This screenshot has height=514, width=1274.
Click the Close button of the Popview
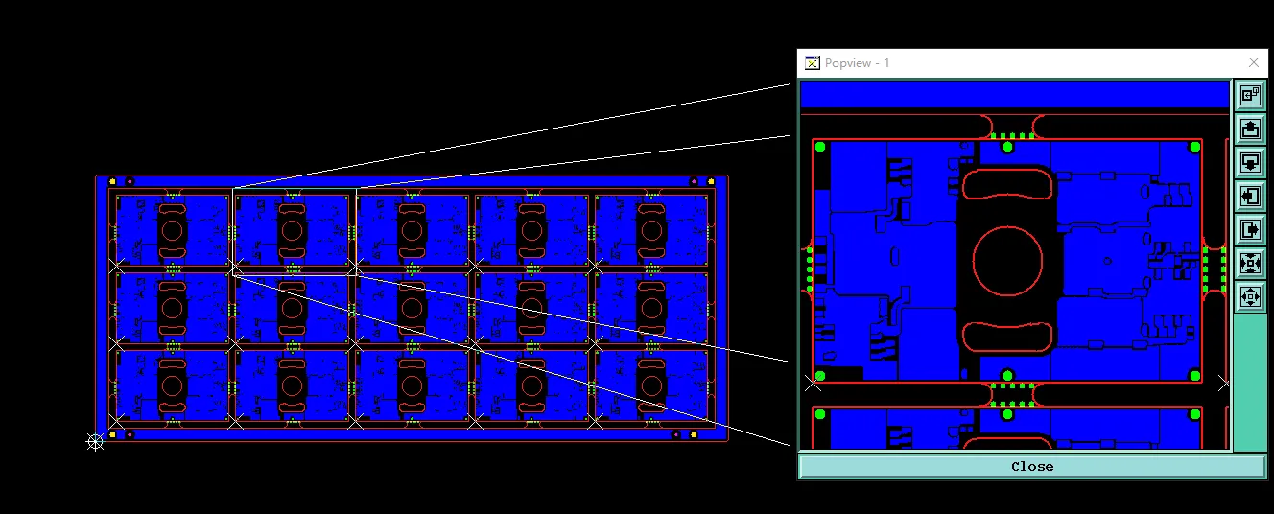pos(1032,467)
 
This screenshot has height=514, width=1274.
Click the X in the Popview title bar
pos(1254,62)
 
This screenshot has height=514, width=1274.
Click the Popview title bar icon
pos(813,62)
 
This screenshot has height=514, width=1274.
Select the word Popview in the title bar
pos(848,63)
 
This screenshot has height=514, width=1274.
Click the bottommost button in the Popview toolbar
pos(1250,297)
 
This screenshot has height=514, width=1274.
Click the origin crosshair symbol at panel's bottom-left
pos(95,442)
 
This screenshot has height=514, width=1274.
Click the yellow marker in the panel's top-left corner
pos(112,181)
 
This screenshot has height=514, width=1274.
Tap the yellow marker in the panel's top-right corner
pos(710,181)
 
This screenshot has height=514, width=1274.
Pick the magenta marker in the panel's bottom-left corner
pos(130,435)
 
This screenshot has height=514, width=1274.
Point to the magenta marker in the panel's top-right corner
pos(694,181)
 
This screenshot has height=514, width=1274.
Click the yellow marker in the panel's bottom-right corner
pos(694,435)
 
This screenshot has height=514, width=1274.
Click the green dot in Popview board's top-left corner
pos(820,148)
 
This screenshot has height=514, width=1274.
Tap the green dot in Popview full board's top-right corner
pos(1195,148)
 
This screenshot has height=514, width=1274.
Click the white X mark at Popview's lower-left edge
pos(813,384)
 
